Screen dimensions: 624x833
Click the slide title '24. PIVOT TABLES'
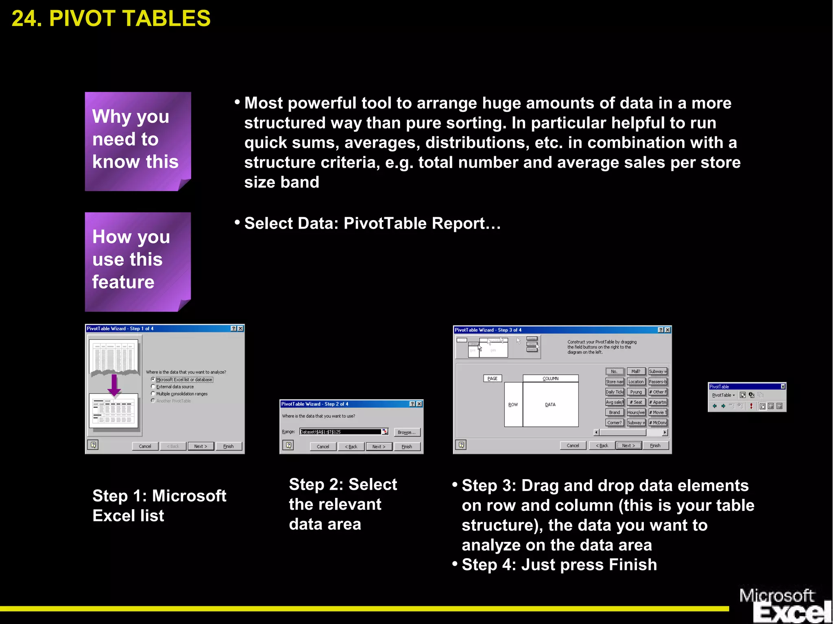click(111, 18)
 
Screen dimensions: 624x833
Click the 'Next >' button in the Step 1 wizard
click(201, 446)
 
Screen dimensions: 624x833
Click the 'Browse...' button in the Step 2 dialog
click(406, 432)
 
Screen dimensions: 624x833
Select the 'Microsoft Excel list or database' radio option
click(153, 379)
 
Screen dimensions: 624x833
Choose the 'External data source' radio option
click(153, 386)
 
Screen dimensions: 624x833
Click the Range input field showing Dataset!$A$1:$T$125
click(340, 432)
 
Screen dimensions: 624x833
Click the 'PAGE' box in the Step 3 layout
click(492, 378)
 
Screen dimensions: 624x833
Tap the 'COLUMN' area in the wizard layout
click(550, 378)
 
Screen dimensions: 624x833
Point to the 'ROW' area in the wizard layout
click(513, 404)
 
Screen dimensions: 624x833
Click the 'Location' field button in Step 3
click(636, 382)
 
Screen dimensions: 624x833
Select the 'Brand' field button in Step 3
click(614, 412)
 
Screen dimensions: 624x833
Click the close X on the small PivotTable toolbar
click(783, 386)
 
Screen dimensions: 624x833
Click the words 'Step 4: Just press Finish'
click(559, 565)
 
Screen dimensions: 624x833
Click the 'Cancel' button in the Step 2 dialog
click(323, 446)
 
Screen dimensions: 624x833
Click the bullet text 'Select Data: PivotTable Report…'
click(372, 223)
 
